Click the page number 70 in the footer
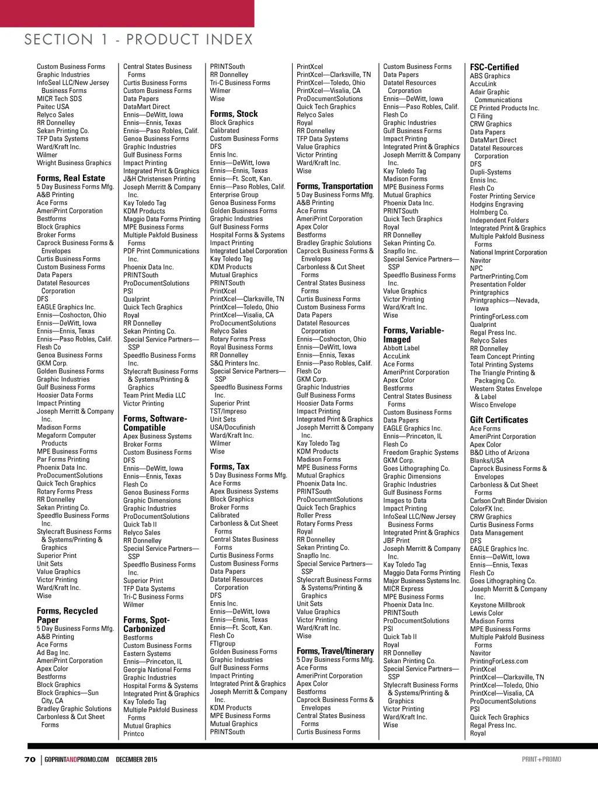30,759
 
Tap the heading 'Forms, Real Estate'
71,178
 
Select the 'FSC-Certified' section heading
494,67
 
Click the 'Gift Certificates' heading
499,420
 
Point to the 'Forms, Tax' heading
230,466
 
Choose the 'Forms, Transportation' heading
335,186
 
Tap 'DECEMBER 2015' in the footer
136,759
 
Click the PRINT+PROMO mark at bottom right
541,759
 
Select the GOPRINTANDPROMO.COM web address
77,759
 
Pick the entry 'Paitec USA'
53,107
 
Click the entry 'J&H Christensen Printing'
159,179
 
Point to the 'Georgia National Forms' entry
157,670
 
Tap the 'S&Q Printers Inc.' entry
235,363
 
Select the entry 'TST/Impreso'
228,411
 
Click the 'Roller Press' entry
314,515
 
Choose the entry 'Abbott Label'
401,348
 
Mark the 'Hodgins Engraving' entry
496,204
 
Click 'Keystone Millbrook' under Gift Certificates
498,605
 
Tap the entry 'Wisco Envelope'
493,404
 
